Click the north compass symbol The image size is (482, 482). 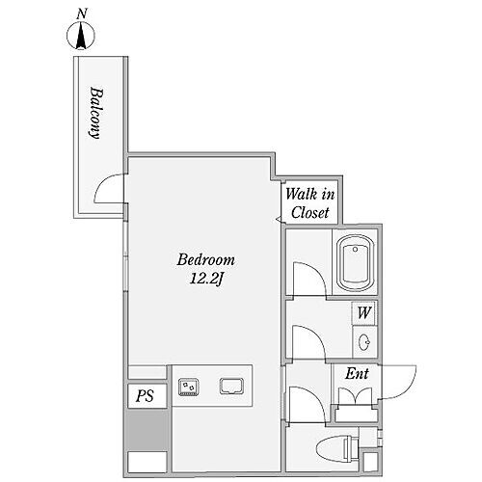[81, 36]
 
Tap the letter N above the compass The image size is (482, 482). [82, 13]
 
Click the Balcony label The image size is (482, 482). [95, 113]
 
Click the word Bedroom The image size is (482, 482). [206, 259]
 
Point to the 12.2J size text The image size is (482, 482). [206, 279]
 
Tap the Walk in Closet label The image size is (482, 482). [310, 203]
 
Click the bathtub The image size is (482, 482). [355, 263]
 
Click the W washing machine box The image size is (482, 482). [364, 312]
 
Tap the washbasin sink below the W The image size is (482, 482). [364, 342]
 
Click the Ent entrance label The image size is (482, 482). [357, 374]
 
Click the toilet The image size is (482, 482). [337, 447]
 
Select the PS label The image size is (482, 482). [145, 396]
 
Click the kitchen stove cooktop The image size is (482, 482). [189, 387]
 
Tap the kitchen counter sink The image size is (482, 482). [231, 386]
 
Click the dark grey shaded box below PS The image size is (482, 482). [147, 430]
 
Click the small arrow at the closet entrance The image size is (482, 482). [279, 220]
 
